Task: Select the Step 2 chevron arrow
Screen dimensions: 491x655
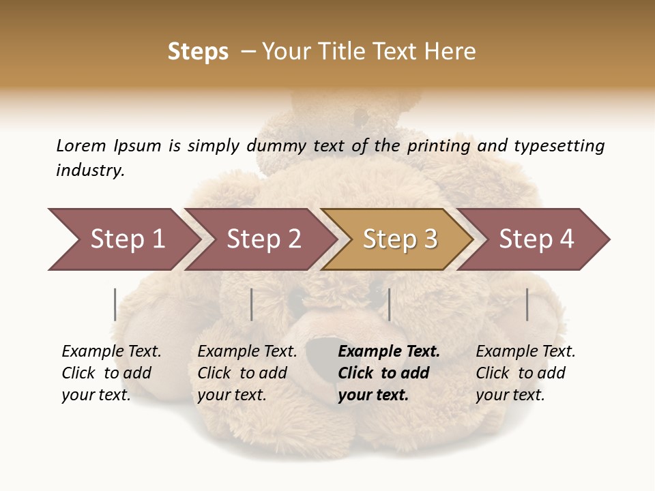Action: (x=263, y=239)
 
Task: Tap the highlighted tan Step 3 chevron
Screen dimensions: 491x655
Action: (x=399, y=239)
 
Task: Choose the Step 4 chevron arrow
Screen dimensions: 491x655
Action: (x=536, y=239)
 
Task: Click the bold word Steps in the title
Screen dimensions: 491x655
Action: (x=198, y=52)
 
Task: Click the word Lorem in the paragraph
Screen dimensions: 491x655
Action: (x=81, y=145)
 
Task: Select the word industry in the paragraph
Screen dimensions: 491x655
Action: (x=89, y=170)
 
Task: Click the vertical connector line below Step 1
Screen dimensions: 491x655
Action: (x=115, y=304)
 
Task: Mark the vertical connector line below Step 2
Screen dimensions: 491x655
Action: (x=252, y=304)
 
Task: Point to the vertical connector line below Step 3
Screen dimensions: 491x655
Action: (x=389, y=304)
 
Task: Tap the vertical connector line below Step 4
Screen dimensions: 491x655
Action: (x=527, y=304)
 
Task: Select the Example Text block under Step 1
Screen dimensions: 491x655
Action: (x=111, y=373)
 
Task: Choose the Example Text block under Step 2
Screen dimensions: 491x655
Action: (x=247, y=373)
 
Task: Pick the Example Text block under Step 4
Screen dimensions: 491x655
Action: (x=525, y=373)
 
